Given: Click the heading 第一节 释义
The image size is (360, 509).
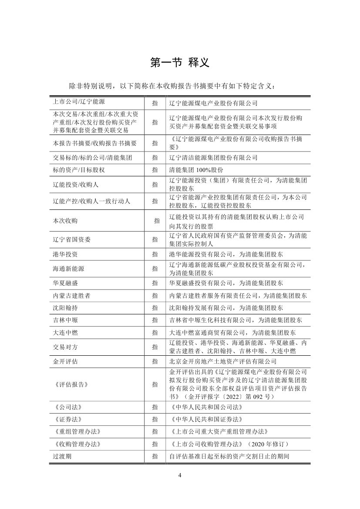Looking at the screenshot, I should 180,63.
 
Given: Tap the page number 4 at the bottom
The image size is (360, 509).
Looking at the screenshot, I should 180,475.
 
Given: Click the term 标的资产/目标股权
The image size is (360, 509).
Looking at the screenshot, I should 75,170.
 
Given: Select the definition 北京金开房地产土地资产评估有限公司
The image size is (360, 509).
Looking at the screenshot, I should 222,361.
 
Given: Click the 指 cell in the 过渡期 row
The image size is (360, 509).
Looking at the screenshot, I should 155,456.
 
